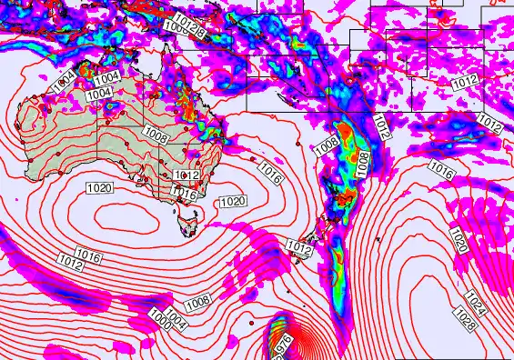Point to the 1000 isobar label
click(161, 318)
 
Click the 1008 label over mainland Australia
click(156, 136)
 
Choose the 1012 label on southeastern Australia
click(186, 175)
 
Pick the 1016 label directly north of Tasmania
click(185, 194)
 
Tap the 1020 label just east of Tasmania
click(232, 201)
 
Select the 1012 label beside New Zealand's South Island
click(299, 246)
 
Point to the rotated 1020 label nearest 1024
click(458, 241)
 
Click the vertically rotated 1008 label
click(364, 164)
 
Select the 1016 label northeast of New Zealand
click(440, 170)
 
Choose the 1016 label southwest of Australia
click(88, 253)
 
